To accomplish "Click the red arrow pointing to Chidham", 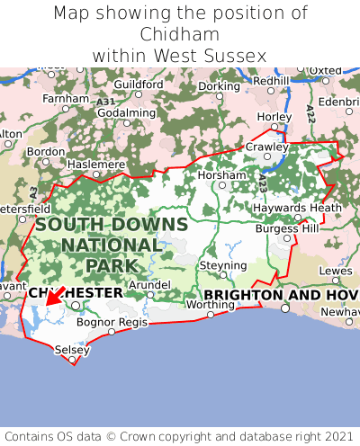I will pyautogui.click(x=54, y=296).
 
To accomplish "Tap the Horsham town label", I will pyautogui.click(x=220, y=174).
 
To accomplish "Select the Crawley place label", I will pyautogui.click(x=268, y=147).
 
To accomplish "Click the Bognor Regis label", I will pyautogui.click(x=112, y=321).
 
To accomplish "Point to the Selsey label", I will pyautogui.click(x=72, y=349).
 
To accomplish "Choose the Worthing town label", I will pyautogui.click(x=209, y=304).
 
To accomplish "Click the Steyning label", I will pyautogui.click(x=222, y=265).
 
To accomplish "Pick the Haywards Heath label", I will pyautogui.click(x=300, y=207).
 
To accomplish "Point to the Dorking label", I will pyautogui.click(x=219, y=86).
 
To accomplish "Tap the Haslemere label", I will pyautogui.click(x=96, y=165).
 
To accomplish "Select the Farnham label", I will pyautogui.click(x=66, y=97).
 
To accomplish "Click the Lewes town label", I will pyautogui.click(x=336, y=270).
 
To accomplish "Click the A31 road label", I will pyautogui.click(x=106, y=104).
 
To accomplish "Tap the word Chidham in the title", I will pyautogui.click(x=180, y=34).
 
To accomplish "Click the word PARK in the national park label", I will pyautogui.click(x=112, y=265).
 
